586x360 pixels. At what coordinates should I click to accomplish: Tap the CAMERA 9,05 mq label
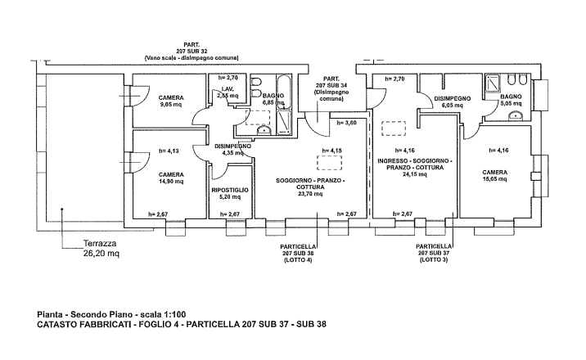tap(172, 101)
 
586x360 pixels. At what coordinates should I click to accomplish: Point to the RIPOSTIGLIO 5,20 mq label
tap(229, 193)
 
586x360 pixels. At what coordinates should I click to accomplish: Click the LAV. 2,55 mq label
tap(228, 92)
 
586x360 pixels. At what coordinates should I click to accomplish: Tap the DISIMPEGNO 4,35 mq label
tap(228, 149)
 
